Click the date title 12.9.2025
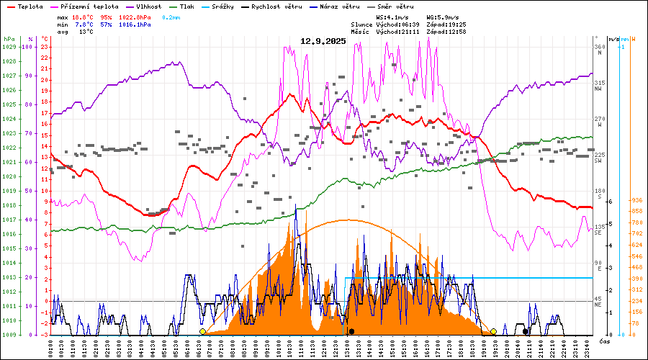[323, 41]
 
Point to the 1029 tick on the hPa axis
[9, 47]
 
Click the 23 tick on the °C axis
[45, 47]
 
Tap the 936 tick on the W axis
[636, 200]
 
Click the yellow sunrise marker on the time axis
[202, 331]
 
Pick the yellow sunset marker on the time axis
[494, 331]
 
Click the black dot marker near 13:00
[351, 331]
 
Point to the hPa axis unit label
[9, 38]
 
